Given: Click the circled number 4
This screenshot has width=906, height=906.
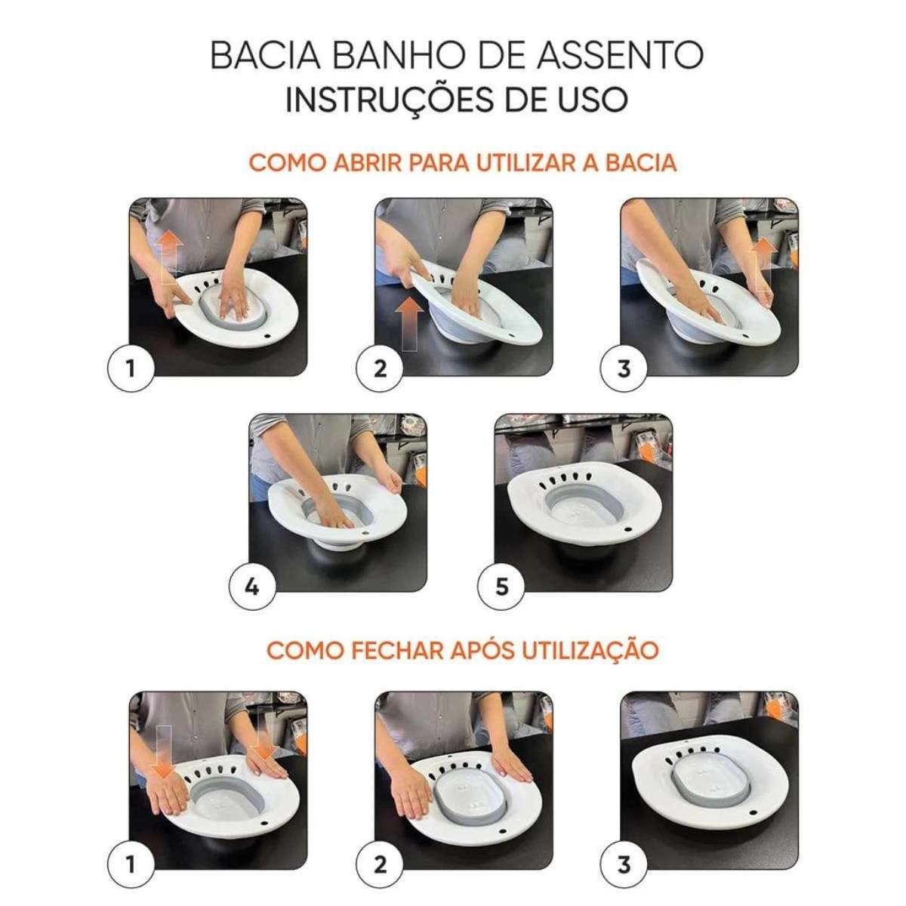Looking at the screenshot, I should (x=252, y=586).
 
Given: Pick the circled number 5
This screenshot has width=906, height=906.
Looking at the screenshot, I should (x=502, y=586).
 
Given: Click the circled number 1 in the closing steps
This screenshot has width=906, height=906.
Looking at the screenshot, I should (x=131, y=864).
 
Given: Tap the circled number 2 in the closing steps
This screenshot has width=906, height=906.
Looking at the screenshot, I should (x=380, y=864).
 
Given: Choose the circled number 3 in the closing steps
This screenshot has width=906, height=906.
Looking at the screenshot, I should (x=624, y=864).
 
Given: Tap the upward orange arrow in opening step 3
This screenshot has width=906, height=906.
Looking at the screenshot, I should (x=763, y=259).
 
